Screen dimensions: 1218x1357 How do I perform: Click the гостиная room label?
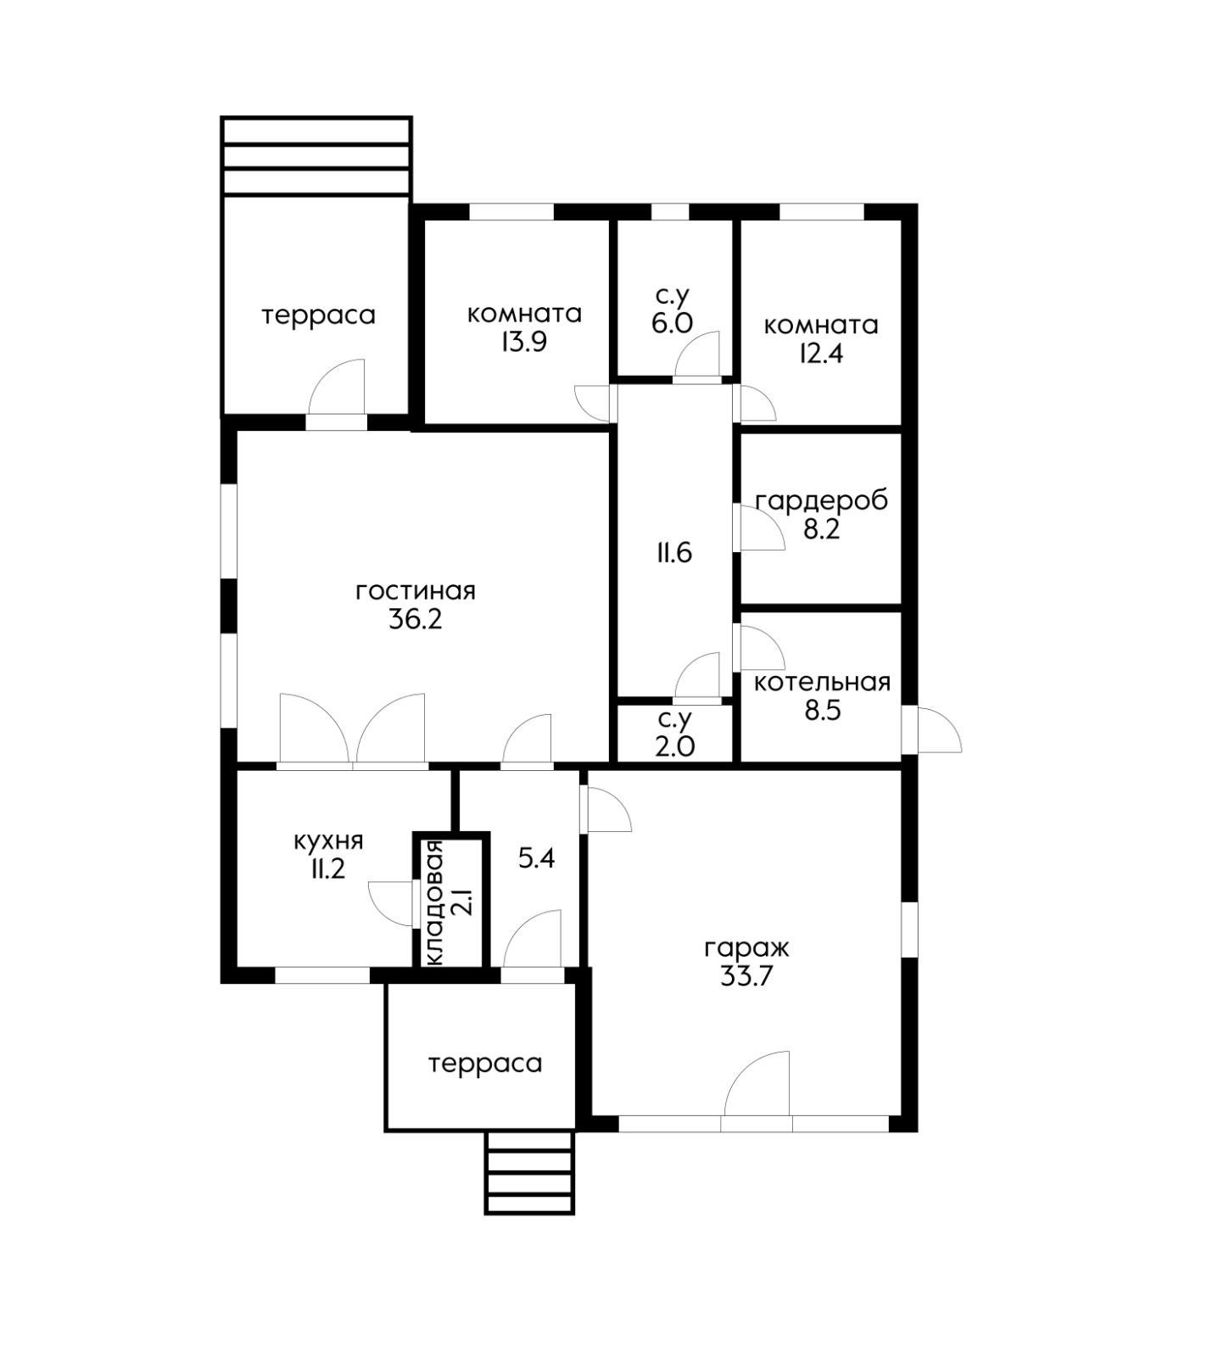point(415,590)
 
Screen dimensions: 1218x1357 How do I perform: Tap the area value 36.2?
point(416,619)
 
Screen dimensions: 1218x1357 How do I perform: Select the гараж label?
point(746,948)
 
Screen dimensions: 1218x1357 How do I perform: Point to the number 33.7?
point(746,976)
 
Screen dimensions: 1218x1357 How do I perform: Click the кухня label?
point(328,841)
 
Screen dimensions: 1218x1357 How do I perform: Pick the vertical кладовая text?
point(435,902)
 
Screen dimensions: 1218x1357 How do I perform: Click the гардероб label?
point(821,501)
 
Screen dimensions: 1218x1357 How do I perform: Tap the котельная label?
point(822,682)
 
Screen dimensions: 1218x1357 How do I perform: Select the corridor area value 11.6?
point(673,553)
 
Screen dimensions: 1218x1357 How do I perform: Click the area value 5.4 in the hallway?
point(536,858)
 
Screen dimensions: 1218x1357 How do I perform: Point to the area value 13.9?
point(523,343)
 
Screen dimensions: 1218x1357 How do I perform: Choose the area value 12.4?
point(820,354)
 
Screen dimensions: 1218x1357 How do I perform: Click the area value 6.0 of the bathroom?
point(673,323)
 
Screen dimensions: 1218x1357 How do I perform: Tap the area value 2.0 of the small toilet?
point(675,746)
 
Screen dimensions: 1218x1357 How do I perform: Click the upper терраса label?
point(318,316)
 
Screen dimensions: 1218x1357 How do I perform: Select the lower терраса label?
point(485,1064)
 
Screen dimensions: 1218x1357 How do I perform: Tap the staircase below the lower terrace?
point(529,1172)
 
